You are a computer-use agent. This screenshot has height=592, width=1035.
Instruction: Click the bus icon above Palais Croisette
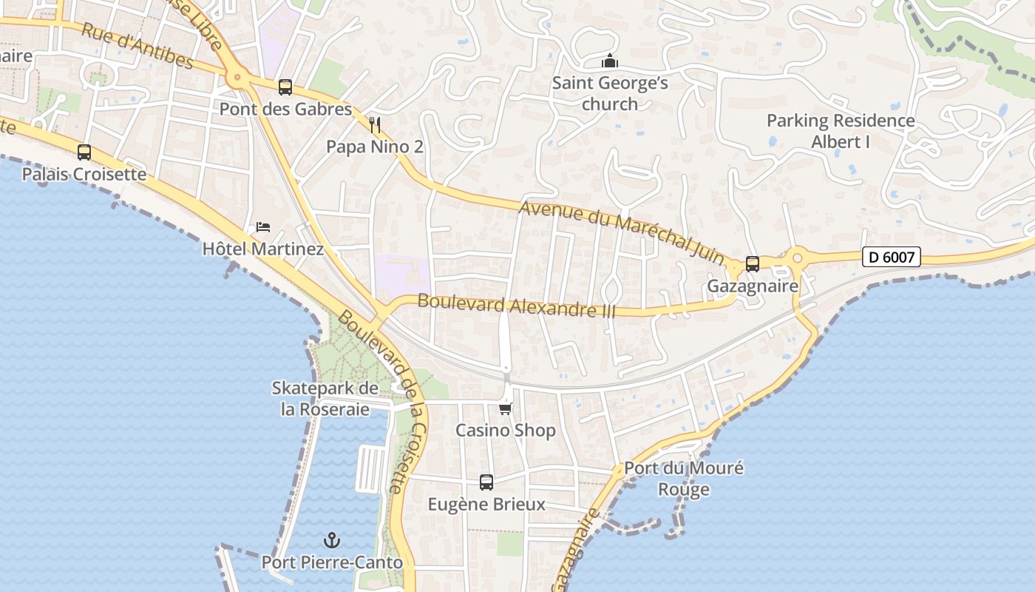[x=84, y=152]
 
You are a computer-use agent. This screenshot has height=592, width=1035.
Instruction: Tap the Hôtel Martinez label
[x=263, y=249]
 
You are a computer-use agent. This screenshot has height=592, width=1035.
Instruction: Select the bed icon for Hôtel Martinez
[x=263, y=226]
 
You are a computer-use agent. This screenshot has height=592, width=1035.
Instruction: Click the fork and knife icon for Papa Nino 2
[x=375, y=124]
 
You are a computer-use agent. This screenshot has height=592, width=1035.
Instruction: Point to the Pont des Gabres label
[x=285, y=109]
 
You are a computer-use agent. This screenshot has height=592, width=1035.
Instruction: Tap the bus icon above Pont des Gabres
[x=285, y=87]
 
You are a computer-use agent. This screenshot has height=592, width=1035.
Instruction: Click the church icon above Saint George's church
[x=610, y=61]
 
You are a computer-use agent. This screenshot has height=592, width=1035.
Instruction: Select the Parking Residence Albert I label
[x=841, y=131]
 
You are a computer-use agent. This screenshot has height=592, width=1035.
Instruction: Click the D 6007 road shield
[x=892, y=258]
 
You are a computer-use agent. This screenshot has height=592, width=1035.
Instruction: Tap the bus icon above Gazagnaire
[x=753, y=263]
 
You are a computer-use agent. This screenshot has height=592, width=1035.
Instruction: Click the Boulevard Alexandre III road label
[x=517, y=306]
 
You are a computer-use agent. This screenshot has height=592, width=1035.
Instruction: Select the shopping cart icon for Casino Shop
[x=506, y=408]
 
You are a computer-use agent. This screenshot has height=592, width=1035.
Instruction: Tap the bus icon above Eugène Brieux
[x=486, y=482]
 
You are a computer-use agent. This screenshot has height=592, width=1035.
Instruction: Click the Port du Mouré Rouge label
[x=684, y=478]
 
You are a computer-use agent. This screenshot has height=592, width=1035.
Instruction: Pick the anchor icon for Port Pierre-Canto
[x=332, y=540]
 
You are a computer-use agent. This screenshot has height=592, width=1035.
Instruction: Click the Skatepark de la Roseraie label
[x=325, y=398]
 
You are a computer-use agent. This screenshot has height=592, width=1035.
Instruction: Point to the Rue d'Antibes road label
[x=138, y=47]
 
